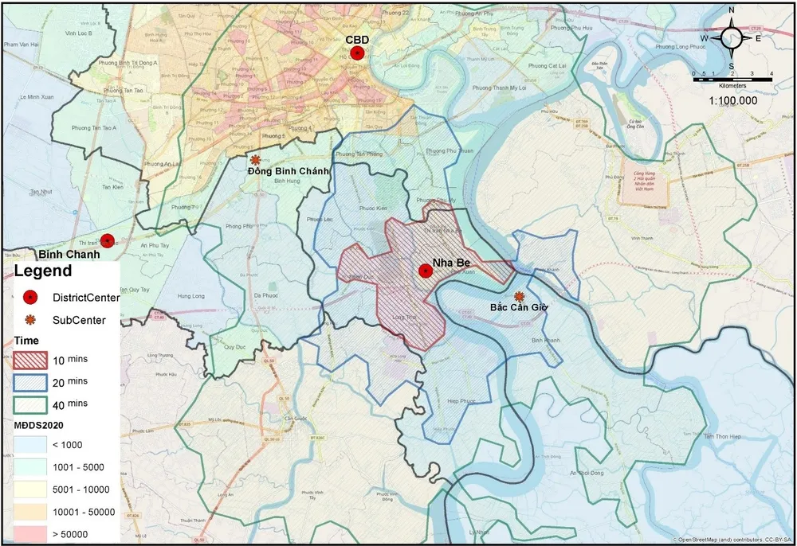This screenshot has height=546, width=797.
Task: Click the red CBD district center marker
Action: point(359,53)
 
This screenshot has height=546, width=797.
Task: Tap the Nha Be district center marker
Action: point(426,271)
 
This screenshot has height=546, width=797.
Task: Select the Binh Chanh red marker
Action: point(107,240)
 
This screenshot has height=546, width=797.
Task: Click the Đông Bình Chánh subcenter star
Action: point(255,159)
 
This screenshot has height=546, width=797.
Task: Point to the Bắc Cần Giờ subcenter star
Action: point(520,295)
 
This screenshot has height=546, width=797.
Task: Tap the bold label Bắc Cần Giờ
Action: point(519,307)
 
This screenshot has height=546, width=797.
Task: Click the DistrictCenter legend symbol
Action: point(30,298)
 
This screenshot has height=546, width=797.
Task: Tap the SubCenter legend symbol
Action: point(30,320)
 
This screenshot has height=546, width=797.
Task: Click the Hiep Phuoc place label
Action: point(461,401)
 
